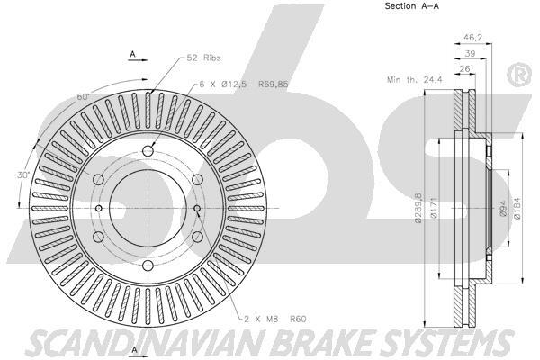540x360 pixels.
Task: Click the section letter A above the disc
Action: [132, 55]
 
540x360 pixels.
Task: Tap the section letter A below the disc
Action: [132, 349]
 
